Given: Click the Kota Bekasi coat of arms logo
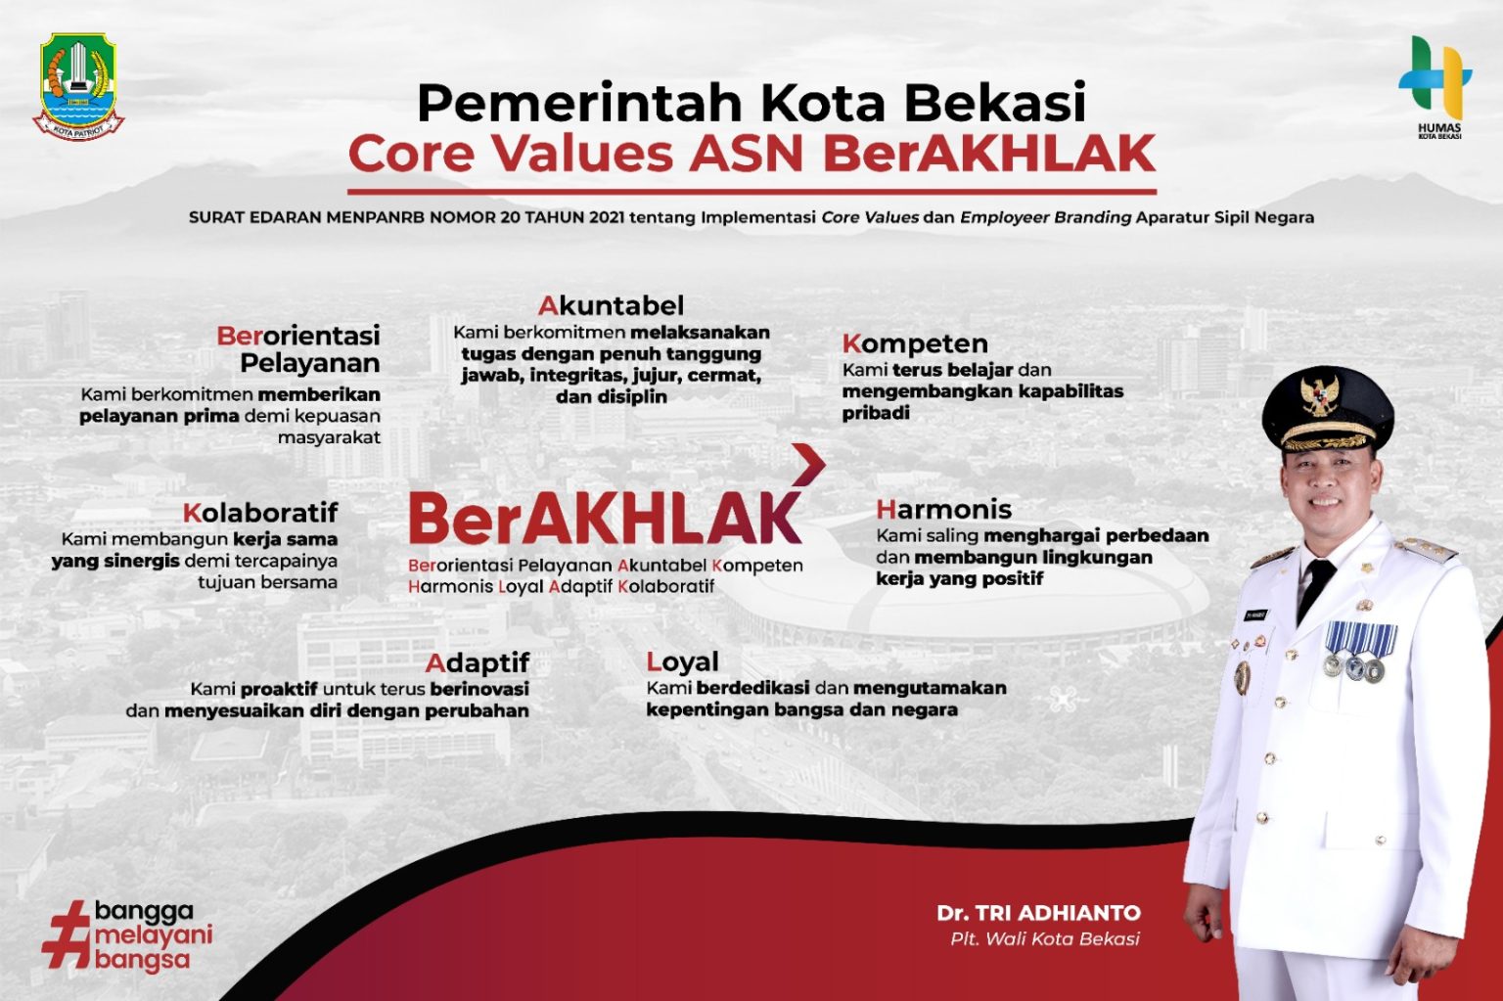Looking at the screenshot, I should tap(78, 86).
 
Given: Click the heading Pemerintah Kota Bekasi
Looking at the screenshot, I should tap(751, 102).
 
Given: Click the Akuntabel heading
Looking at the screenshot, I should tap(611, 305).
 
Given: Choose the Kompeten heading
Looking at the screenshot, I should tap(915, 343).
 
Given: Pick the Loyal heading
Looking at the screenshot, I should tap(682, 662).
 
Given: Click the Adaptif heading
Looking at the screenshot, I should tap(478, 663).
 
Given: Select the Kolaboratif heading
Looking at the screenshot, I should tap(260, 513).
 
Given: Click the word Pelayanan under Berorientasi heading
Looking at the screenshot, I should tap(309, 363).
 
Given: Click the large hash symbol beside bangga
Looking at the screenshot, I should tap(67, 935).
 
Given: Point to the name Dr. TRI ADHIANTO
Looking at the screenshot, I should tap(1038, 913).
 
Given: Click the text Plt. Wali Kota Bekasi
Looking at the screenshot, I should tap(1045, 939).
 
